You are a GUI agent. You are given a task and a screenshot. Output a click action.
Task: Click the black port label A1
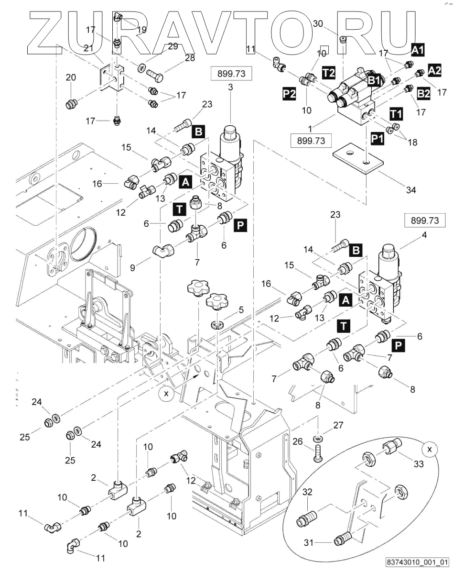click(x=419, y=49)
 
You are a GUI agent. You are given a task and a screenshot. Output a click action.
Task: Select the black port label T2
click(x=328, y=72)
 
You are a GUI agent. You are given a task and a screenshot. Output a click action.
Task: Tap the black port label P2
click(x=289, y=94)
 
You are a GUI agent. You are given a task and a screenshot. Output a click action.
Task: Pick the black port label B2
click(x=424, y=93)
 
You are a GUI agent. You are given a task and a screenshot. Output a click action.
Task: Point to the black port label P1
click(x=377, y=138)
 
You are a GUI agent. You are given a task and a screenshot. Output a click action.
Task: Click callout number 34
click(x=410, y=190)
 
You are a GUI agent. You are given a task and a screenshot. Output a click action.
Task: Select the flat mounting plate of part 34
click(x=358, y=157)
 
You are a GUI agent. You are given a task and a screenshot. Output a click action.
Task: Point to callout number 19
click(x=141, y=30)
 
